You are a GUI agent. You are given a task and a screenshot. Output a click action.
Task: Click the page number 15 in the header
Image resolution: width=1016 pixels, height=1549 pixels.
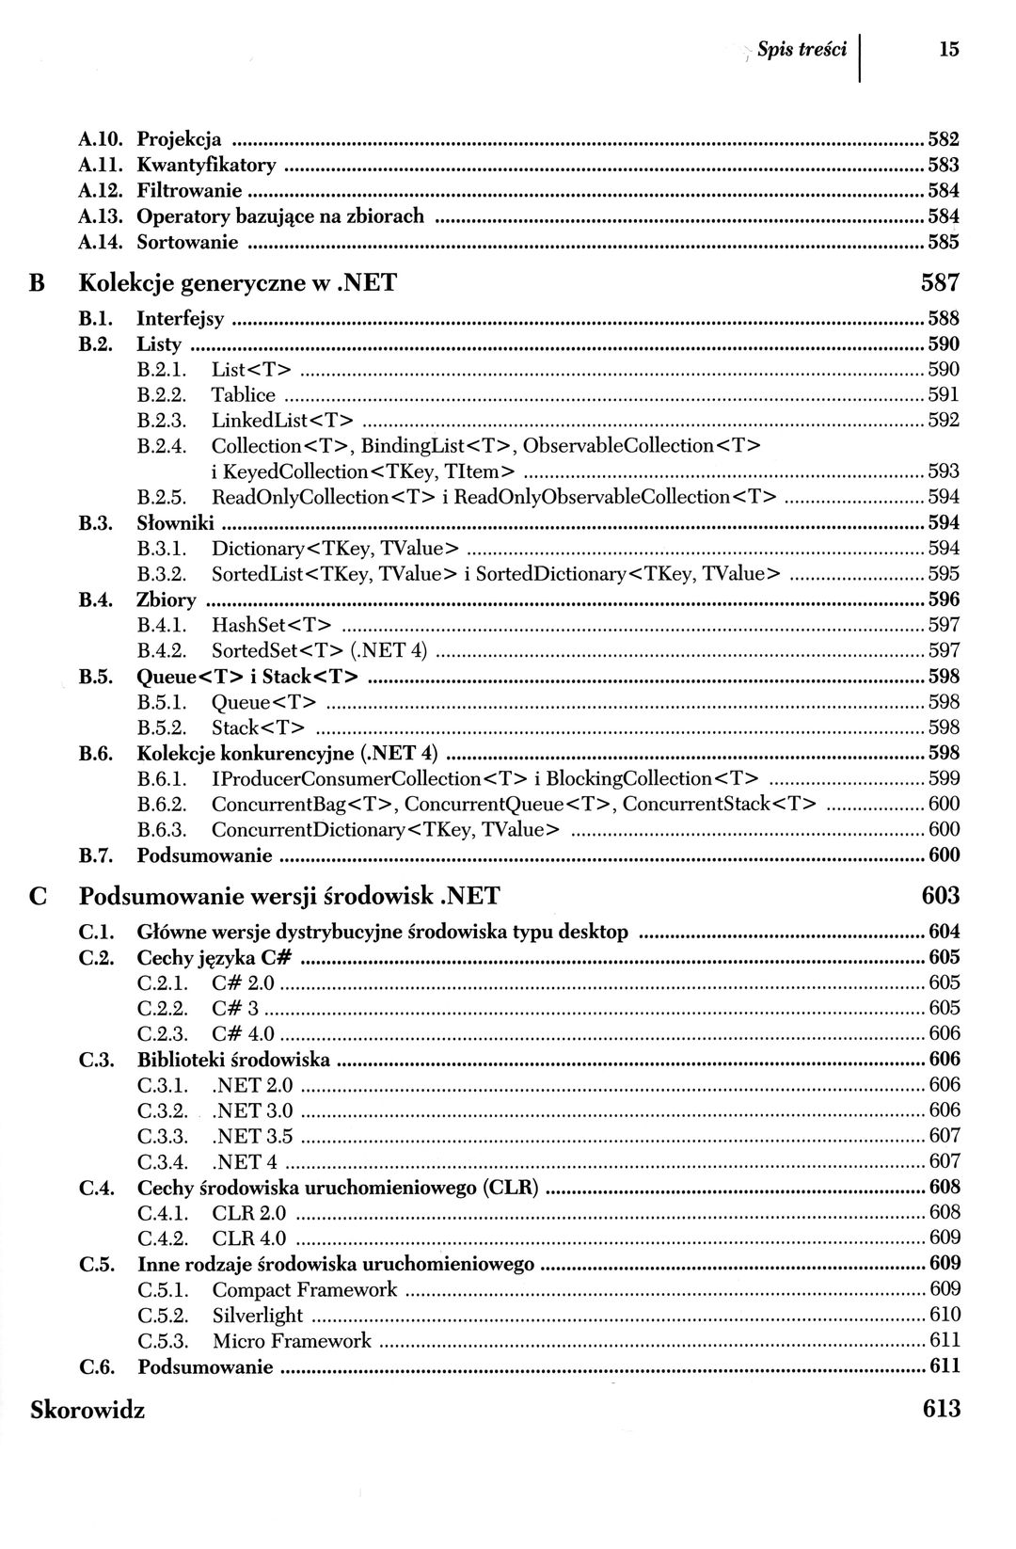(948, 49)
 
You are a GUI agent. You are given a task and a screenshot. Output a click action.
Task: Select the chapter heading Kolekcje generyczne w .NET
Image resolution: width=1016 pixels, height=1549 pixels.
(238, 282)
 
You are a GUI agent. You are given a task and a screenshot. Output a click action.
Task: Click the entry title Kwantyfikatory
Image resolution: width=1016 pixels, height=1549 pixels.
(206, 166)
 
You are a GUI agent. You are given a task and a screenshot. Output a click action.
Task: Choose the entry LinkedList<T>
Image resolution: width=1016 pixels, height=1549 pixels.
(282, 420)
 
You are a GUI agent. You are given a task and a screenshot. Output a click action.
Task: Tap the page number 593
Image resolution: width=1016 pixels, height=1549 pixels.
(944, 471)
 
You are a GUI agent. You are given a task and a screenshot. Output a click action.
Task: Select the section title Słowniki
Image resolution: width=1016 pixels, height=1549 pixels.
(175, 522)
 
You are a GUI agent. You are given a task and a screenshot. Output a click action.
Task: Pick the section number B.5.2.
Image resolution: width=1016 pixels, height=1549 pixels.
(162, 727)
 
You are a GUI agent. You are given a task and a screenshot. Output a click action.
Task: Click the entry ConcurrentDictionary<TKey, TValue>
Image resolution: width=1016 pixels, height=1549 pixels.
(386, 829)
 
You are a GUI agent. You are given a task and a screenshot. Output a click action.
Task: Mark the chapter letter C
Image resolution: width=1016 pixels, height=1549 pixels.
(39, 896)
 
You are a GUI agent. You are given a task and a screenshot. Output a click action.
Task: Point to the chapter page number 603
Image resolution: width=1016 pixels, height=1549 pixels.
(940, 895)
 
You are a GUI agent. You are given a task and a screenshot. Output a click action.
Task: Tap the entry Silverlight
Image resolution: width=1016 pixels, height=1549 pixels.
(258, 1316)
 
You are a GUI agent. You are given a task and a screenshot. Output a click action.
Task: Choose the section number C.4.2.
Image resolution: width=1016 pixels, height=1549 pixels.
(163, 1238)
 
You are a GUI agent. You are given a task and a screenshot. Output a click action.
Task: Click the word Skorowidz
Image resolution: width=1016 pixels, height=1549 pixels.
(87, 1409)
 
